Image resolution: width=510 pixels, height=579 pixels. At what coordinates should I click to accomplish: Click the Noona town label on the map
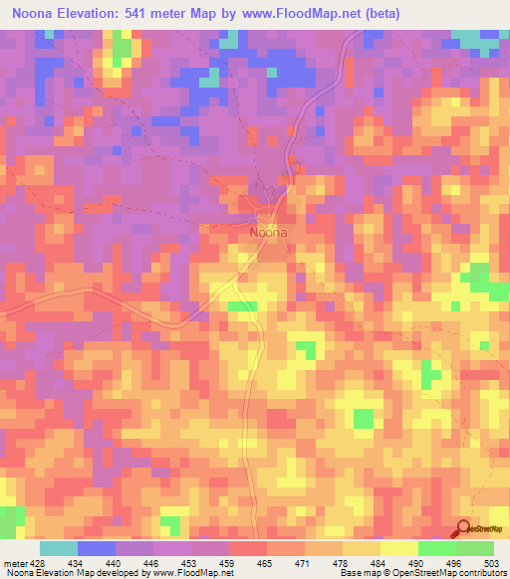click(268, 233)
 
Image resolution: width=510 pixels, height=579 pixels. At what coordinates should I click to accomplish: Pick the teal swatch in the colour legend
click(59, 549)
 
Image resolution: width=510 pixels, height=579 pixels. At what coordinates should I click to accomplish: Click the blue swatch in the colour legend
click(97, 549)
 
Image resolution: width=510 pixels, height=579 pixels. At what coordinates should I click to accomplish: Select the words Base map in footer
click(359, 573)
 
